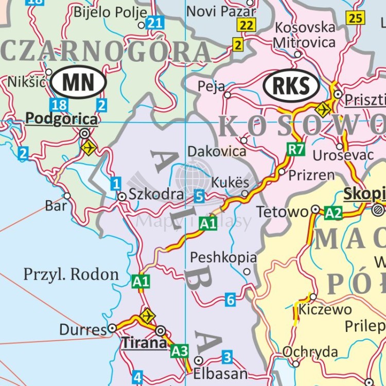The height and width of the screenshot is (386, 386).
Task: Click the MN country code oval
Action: [x=78, y=82]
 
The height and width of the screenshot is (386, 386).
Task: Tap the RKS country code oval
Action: [x=291, y=85]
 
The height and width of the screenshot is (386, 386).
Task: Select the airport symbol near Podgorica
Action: [x=89, y=148]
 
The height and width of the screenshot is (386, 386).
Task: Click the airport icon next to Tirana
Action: [x=147, y=315]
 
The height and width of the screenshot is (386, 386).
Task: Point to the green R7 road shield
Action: [x=295, y=150]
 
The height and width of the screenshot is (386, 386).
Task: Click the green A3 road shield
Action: [x=180, y=350]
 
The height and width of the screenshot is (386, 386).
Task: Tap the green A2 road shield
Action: [x=333, y=213]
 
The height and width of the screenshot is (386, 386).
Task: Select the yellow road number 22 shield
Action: [x=247, y=25]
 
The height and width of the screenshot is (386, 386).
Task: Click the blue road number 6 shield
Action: [x=230, y=300]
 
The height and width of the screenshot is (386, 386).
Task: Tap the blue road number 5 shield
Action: [x=200, y=196]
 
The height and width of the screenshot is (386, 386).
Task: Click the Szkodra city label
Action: [x=156, y=195]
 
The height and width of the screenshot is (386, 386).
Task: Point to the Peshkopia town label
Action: [x=223, y=257]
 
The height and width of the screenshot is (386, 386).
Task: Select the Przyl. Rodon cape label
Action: [x=71, y=274]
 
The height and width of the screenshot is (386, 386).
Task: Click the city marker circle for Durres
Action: [x=112, y=328]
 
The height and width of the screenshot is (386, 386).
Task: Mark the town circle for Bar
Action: [x=67, y=196]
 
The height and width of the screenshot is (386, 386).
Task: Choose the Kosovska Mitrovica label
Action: [x=305, y=34]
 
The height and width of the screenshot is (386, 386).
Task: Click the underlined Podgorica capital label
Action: [x=61, y=119]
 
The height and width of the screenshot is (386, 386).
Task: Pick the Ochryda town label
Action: [x=310, y=352]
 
